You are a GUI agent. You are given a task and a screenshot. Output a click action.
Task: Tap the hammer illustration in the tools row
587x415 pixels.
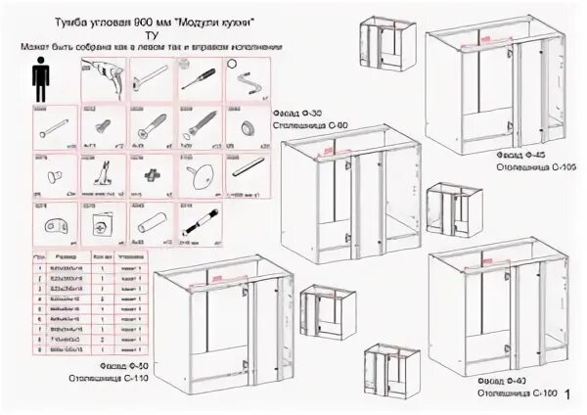click(153, 76)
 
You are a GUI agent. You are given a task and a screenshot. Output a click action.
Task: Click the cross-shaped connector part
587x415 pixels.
click(152, 175)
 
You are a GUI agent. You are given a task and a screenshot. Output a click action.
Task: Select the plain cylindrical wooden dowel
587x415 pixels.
click(153, 226)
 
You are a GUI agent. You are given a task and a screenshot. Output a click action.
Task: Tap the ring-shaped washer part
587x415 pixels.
click(248, 127)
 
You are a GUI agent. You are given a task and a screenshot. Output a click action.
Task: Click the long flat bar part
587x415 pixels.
click(248, 165)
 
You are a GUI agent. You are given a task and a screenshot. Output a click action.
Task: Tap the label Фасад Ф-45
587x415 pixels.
click(516, 154)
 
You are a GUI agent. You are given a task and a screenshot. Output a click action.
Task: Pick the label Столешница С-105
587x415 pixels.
click(525, 165)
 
